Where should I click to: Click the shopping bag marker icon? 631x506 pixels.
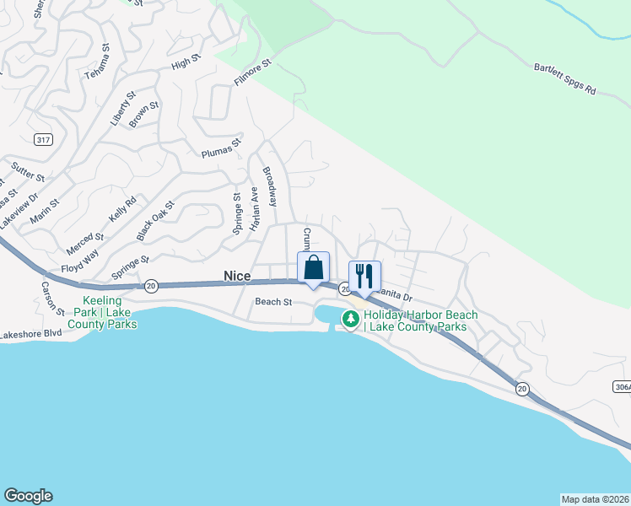[x=313, y=267]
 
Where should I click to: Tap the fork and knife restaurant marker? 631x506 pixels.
[x=364, y=276]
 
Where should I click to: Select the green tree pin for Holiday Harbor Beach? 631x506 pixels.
[x=350, y=320]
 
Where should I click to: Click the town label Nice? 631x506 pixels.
[x=237, y=275]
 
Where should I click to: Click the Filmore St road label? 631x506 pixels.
[x=252, y=73]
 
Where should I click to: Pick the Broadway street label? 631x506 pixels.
[x=270, y=186]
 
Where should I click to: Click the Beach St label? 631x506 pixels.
[x=272, y=301]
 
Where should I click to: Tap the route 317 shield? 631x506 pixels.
[x=44, y=138]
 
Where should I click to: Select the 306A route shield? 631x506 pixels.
[x=621, y=385]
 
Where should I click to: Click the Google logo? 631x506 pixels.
[x=28, y=496]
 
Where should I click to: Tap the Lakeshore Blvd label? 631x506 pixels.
[x=31, y=334]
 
